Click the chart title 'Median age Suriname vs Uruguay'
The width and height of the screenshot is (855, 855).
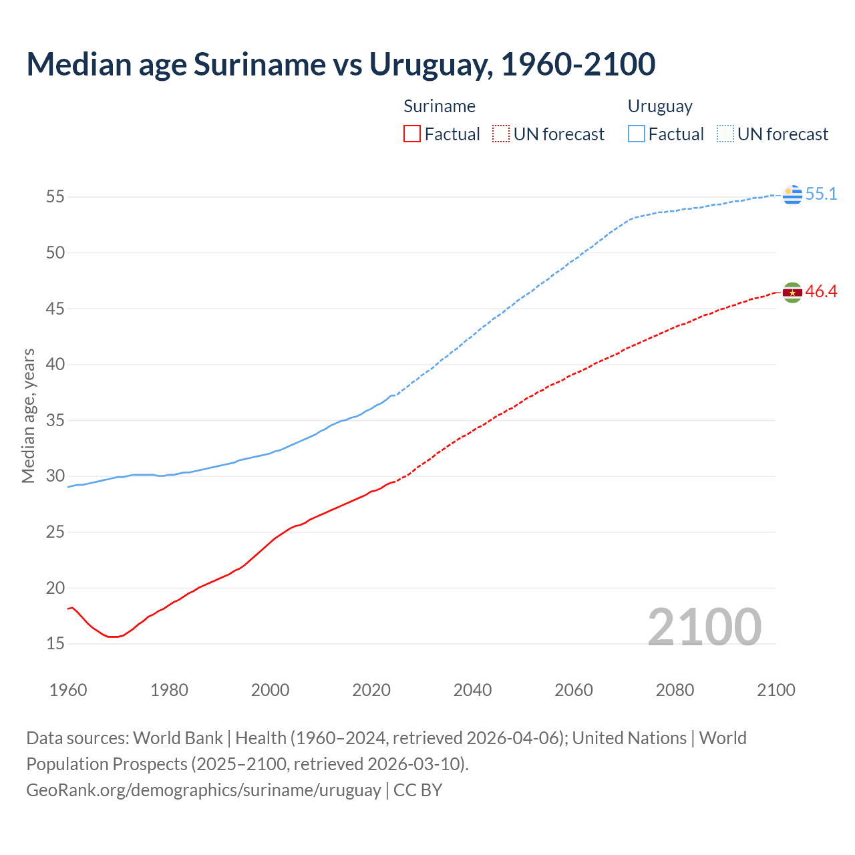point(341,64)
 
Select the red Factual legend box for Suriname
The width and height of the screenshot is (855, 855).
point(412,134)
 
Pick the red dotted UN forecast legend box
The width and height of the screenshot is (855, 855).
point(501,134)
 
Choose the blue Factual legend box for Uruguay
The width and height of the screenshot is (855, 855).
point(637,134)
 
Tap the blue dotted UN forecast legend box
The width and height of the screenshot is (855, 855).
point(725,134)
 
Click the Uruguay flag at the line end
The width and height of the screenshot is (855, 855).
point(792,194)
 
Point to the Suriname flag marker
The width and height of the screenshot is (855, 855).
point(792,293)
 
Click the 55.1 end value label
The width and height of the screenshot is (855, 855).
point(821,194)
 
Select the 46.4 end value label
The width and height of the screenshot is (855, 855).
point(821,292)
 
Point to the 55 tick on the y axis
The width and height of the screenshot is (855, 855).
point(55,197)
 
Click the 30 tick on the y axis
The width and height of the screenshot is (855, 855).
point(55,476)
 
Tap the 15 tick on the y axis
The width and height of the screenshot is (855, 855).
point(55,644)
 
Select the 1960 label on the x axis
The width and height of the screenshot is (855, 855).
point(68,690)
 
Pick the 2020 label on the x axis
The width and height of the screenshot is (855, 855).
point(371,690)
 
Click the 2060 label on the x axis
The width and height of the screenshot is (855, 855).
point(574,690)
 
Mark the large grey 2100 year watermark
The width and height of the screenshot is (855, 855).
point(705,627)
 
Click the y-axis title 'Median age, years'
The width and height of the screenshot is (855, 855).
point(28,415)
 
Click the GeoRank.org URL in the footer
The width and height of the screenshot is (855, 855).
point(203,790)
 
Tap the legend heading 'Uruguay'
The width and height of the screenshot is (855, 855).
point(660,106)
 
